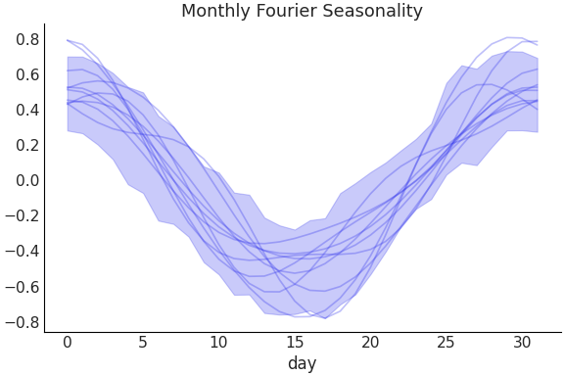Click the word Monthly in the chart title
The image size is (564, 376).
pos(215,12)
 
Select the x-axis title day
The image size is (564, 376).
pos(302,364)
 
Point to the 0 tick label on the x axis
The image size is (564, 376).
pos(68,343)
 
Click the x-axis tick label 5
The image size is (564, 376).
pos(143,343)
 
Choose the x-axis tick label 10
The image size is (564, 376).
pos(218,343)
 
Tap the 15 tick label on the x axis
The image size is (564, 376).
pos(295,343)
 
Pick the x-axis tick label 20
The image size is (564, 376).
pos(370,343)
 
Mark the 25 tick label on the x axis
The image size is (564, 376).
pos(446,343)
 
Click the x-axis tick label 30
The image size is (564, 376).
pos(521,343)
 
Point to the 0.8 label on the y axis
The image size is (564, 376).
pos(27,39)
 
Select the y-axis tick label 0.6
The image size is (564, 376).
pos(27,74)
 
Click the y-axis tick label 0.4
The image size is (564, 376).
pos(27,110)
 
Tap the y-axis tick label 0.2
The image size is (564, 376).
pos(27,145)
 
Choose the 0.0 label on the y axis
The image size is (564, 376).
pos(27,180)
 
